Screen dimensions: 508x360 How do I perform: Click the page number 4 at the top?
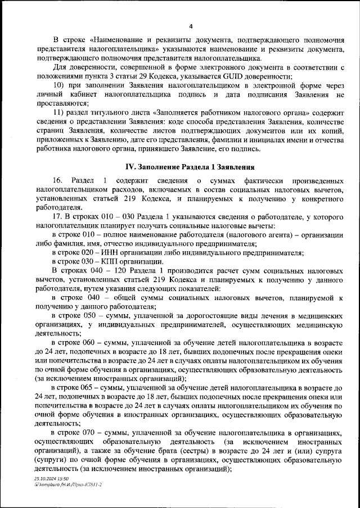[x=191, y=26]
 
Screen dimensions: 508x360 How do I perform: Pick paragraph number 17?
[x=57, y=217]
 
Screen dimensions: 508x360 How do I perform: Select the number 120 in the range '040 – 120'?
[x=112, y=271]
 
